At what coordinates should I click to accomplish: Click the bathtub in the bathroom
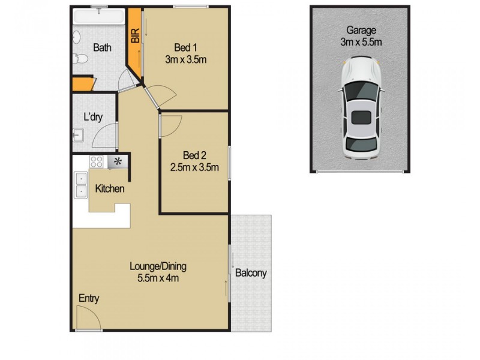(99, 18)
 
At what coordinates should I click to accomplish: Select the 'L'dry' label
(93, 118)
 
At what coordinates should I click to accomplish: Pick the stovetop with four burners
(97, 161)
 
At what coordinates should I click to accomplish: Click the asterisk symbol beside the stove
(118, 161)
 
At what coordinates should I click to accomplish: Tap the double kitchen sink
(80, 185)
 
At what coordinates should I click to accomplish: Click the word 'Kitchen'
(110, 189)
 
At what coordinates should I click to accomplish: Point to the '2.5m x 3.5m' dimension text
(193, 167)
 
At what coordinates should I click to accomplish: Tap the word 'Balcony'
(251, 273)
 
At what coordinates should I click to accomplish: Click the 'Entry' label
(89, 298)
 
